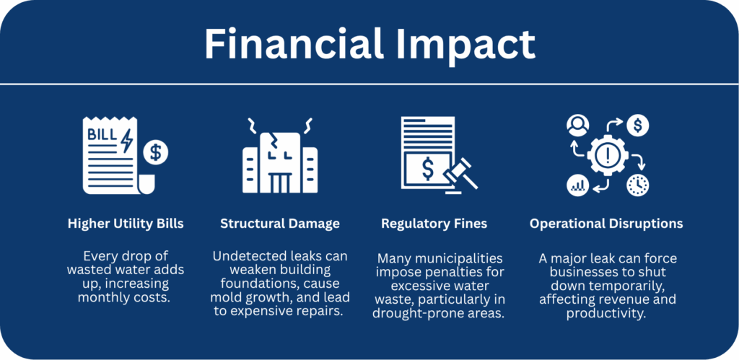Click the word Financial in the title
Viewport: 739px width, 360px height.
[293, 43]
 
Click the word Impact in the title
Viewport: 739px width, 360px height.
[465, 46]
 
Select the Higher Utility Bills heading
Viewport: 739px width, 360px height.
[126, 224]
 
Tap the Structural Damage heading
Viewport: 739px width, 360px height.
[280, 224]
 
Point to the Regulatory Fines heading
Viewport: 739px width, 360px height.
[434, 224]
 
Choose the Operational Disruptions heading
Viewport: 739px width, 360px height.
[606, 224]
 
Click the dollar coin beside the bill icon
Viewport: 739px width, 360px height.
[156, 152]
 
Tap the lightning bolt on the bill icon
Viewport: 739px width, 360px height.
[127, 141]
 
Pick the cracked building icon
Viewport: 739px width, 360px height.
[280, 156]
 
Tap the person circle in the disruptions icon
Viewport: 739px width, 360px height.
[578, 126]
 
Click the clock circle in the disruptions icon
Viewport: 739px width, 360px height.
[638, 185]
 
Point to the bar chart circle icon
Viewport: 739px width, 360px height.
[578, 185]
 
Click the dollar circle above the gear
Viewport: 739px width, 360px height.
[638, 126]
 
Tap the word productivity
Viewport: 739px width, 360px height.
[606, 313]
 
